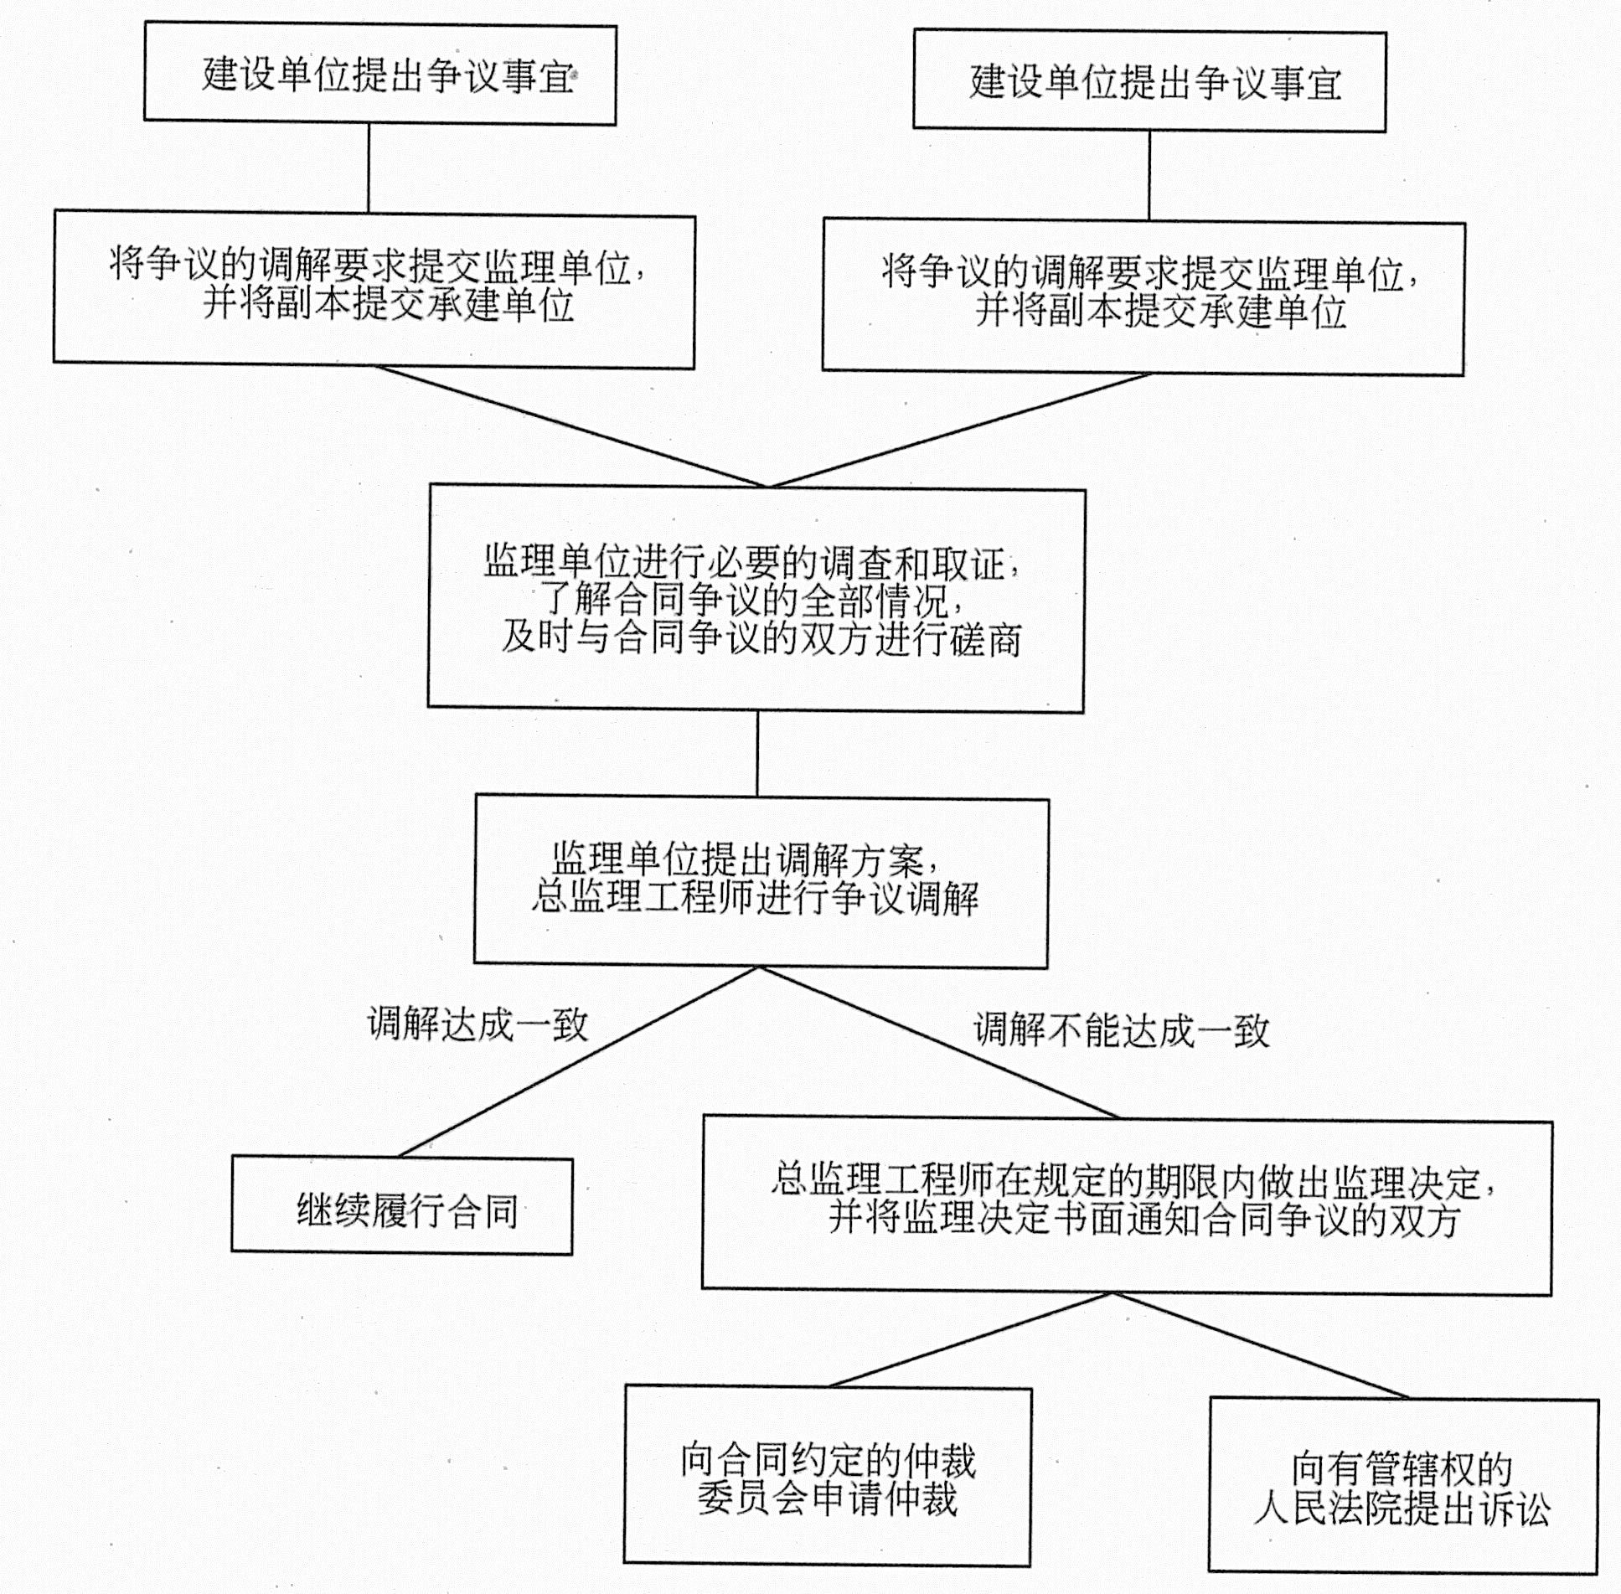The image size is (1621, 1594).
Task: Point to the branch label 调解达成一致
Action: click(478, 1024)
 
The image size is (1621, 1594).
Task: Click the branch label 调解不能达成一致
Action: click(1121, 1029)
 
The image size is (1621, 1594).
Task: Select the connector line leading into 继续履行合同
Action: click(578, 1062)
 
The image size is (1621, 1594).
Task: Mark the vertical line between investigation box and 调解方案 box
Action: click(757, 754)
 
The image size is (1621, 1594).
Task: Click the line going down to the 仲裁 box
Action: click(972, 1339)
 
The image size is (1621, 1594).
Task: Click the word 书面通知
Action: click(1125, 1219)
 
